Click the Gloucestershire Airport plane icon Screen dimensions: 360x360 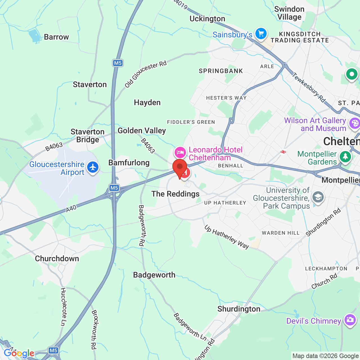[x=93, y=167]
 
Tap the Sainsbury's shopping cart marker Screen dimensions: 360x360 [x=261, y=33]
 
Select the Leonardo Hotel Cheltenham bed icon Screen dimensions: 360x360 [x=180, y=152]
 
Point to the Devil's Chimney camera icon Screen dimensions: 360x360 [x=350, y=319]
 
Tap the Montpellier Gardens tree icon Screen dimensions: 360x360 [x=345, y=156]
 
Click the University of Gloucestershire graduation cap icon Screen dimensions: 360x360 [x=318, y=197]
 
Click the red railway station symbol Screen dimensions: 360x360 [x=283, y=152]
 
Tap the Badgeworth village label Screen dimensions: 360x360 [x=154, y=275]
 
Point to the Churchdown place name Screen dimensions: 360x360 [x=57, y=258]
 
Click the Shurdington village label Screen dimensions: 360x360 [x=239, y=309]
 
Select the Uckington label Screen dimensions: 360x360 [x=207, y=19]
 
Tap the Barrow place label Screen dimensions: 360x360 [x=56, y=37]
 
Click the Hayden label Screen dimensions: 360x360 [x=147, y=102]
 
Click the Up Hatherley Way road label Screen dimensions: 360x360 [x=227, y=237]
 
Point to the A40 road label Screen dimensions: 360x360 [x=71, y=208]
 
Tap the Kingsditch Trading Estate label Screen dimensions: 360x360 [x=300, y=37]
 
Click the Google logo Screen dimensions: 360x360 [x=19, y=353]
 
